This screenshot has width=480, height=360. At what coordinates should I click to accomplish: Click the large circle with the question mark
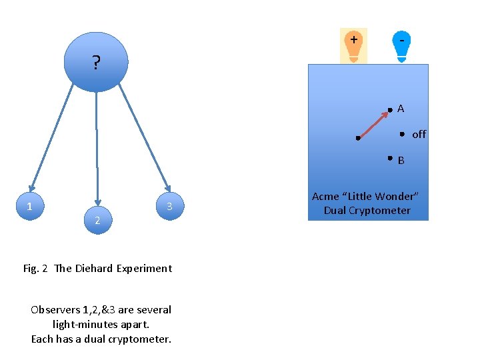pos(96,62)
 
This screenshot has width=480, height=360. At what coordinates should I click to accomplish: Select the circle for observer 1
pos(29,207)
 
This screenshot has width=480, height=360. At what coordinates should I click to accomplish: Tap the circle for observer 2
pos(97,220)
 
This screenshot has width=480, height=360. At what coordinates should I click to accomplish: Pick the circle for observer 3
pos(170,207)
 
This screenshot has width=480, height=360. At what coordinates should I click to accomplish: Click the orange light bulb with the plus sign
pos(353,45)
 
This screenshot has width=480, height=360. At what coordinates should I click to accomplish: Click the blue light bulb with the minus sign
pos(401,45)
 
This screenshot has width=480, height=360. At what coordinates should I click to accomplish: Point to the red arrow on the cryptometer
pos(373,125)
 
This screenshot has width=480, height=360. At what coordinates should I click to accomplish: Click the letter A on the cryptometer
pos(401,108)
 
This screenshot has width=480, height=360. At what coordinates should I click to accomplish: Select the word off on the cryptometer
pos(419,134)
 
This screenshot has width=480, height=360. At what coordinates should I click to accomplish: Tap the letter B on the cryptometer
pos(401,160)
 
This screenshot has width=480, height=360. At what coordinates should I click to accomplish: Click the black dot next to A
pos(390,110)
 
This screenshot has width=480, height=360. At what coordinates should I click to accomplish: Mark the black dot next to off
pos(402,134)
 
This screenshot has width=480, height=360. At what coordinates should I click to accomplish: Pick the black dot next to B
pos(390,158)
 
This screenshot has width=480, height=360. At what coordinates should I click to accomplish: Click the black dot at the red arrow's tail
pos(358,139)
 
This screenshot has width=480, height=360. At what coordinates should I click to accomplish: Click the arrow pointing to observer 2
pos(97,147)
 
